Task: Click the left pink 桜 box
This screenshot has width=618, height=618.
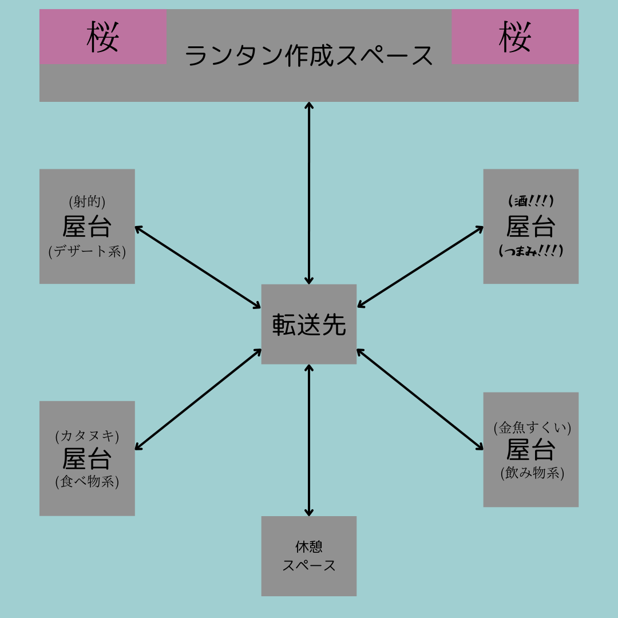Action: tap(103, 36)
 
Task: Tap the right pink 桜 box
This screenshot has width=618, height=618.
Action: tap(515, 36)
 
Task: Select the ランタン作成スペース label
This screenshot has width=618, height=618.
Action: tap(309, 56)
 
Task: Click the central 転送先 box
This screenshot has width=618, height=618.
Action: tap(309, 324)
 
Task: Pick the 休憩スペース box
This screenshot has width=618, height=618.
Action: tap(309, 556)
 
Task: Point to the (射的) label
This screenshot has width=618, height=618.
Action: tap(87, 201)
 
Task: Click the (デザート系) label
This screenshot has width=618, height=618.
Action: tap(87, 251)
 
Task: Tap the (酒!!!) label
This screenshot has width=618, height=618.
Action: tap(531, 201)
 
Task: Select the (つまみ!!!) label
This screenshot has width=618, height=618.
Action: tap(531, 251)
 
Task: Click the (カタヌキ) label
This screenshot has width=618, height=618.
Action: tap(87, 435)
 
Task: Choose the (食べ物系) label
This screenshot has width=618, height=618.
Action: tap(87, 481)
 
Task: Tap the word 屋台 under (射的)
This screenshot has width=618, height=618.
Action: tap(87, 227)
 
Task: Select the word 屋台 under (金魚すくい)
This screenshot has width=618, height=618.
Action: tap(531, 450)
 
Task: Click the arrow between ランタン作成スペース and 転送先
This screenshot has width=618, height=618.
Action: tap(309, 193)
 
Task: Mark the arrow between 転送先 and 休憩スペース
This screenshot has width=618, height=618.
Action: tap(309, 440)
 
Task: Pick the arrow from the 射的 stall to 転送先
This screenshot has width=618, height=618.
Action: tap(198, 267)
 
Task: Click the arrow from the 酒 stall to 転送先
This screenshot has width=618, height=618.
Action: tap(420, 267)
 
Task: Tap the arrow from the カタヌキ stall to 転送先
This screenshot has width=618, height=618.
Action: tap(198, 399)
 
